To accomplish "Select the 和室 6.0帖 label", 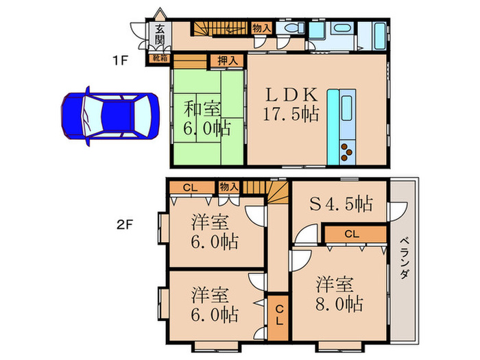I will [x=206, y=117].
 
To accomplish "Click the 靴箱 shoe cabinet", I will [x=159, y=60].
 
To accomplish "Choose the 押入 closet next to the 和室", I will [x=228, y=60].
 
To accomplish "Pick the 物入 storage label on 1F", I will [x=261, y=28].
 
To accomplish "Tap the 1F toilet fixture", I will [x=291, y=29].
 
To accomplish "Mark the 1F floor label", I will [x=121, y=60].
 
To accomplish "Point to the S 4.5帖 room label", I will [x=341, y=204].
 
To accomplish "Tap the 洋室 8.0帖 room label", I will [x=339, y=294].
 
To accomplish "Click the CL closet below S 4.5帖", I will [x=352, y=235].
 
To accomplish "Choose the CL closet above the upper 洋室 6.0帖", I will [x=191, y=187].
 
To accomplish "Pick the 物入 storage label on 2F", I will [x=228, y=187].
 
